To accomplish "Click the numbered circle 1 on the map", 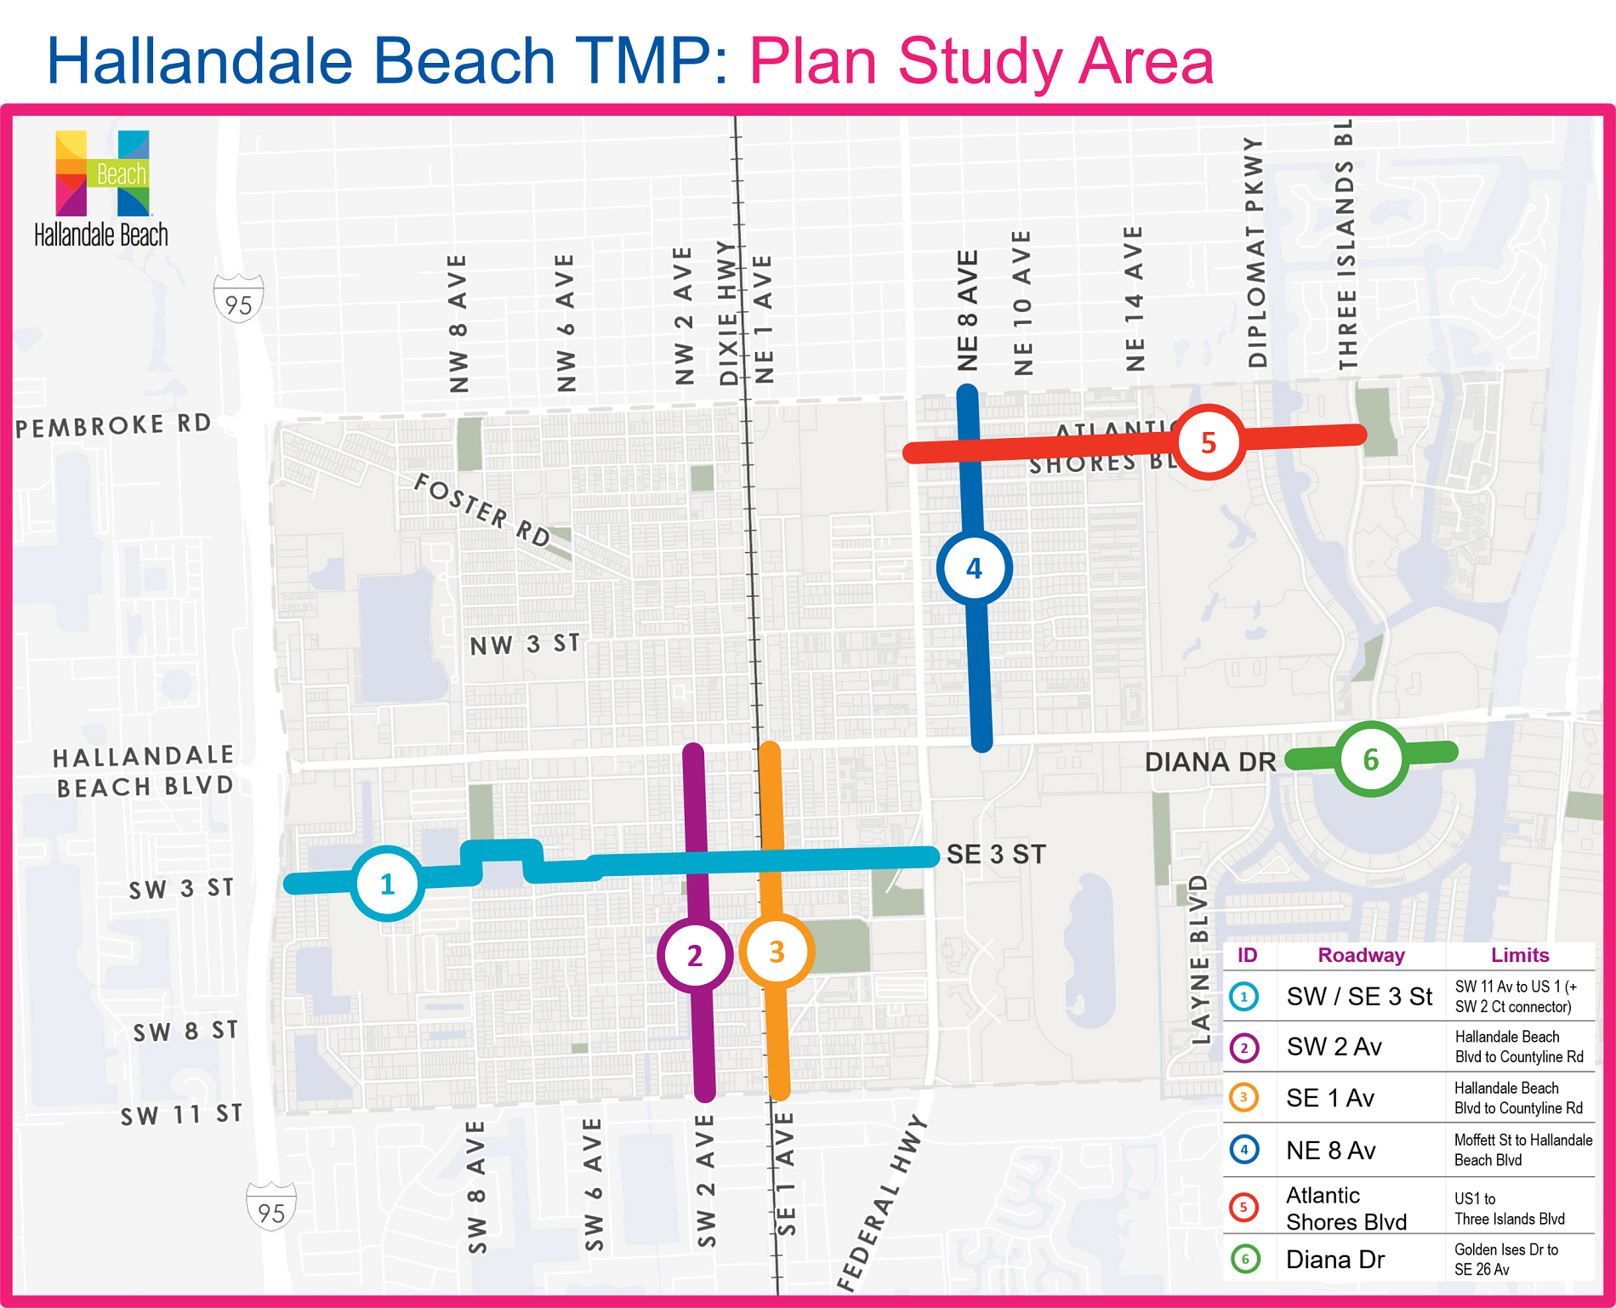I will click(387, 884).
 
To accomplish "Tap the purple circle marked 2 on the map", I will click(695, 955).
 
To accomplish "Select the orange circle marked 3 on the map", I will click(777, 952).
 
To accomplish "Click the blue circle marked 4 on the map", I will click(974, 568).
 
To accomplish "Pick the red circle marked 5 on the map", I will click(1209, 442).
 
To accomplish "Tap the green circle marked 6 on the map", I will click(1371, 759).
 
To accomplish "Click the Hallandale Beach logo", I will click(102, 188).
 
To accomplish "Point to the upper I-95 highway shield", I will click(238, 299).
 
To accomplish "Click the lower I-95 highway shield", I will click(271, 1207).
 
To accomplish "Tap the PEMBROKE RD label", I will click(113, 425).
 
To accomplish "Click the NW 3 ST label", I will click(525, 645).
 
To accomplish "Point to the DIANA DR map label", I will click(1210, 762).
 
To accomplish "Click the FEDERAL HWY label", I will click(881, 1203).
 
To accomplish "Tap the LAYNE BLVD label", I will click(1199, 960).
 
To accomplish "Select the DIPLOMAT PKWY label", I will click(1256, 253).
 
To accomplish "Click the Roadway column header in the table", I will click(1361, 955).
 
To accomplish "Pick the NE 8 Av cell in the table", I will click(1330, 1151).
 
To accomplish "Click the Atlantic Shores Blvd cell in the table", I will click(1346, 1208).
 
